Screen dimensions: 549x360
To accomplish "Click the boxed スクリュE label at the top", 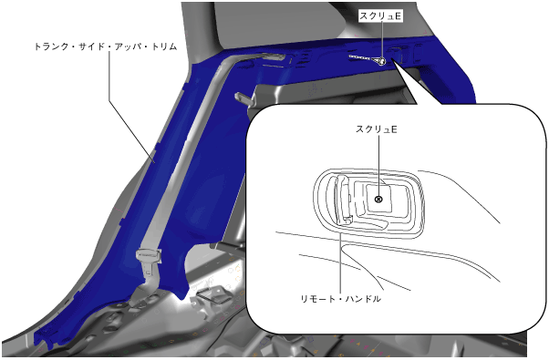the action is [380, 15].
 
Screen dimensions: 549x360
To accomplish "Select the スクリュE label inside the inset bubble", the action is [377, 129].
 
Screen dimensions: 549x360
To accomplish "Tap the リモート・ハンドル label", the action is [341, 299].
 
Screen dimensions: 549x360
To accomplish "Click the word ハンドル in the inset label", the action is [363, 299].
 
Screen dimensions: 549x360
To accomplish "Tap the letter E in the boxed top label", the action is [398, 16].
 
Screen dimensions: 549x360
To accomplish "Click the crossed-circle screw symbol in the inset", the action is [378, 200].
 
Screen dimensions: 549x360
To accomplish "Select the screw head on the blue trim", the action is [380, 61].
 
